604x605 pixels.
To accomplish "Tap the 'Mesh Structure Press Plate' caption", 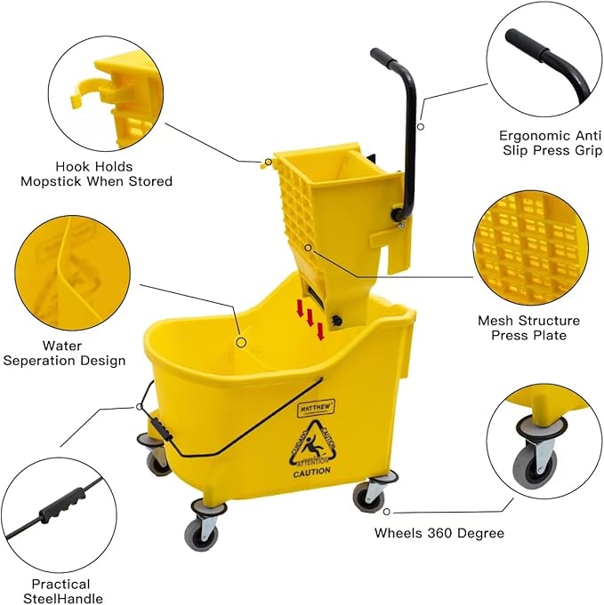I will (x=528, y=328).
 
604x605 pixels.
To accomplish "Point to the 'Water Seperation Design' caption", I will (x=64, y=353).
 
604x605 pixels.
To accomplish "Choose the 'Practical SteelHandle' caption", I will (x=60, y=591).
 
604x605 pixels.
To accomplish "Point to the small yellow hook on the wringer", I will (x=264, y=163).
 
